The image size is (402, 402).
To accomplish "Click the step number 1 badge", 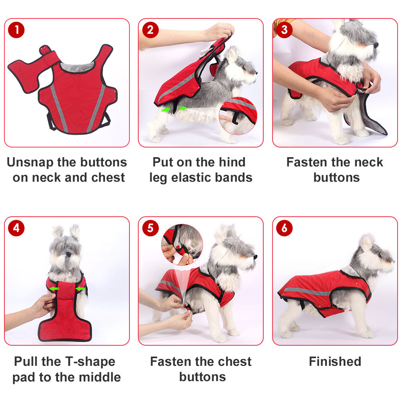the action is tap(16, 30).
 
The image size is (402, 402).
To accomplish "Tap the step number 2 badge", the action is tap(150, 30).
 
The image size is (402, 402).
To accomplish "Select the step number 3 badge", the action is tap(284, 30).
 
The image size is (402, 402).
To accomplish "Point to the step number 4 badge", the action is tap(16, 228).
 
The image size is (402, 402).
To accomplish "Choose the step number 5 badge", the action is tap(150, 228).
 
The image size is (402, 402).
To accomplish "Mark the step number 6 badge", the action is tap(284, 228).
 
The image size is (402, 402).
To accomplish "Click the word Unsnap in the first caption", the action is tap(30, 163).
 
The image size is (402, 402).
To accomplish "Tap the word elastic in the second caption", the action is tap(189, 177).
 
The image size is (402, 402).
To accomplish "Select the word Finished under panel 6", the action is tap(335, 361).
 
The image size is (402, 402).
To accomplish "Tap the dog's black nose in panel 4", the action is tap(68, 254).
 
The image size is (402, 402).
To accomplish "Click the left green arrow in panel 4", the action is tap(54, 289).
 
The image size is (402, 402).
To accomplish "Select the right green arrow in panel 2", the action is tap(183, 108).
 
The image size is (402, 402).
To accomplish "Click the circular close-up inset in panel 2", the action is tap(238, 116).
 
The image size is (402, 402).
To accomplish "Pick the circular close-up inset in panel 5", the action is tap(182, 244).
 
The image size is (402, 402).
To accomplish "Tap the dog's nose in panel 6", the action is tap(393, 261).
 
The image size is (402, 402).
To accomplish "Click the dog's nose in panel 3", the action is tap(376, 45).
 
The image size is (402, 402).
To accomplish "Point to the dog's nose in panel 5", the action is tap(255, 256).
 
